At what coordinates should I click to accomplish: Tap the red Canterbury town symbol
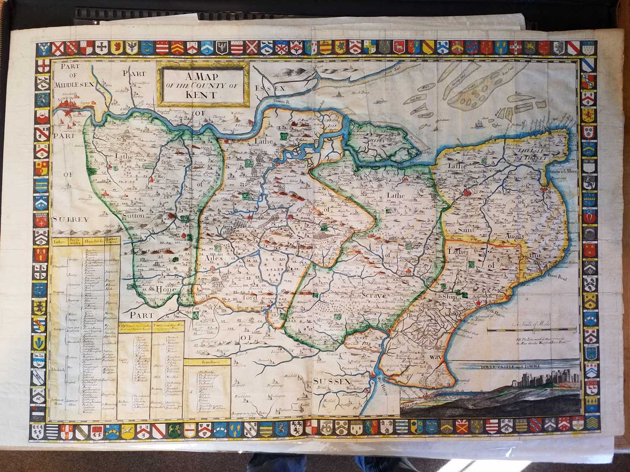pyautogui.click(x=469, y=192)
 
